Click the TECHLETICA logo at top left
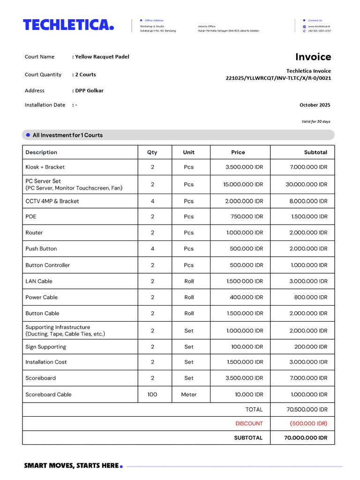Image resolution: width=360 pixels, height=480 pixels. coord(68,25)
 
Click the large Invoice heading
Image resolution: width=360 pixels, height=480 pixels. coord(313,57)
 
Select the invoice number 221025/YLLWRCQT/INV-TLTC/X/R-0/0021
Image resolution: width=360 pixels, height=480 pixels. coord(278,78)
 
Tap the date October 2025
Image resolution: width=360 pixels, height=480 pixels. coord(315,105)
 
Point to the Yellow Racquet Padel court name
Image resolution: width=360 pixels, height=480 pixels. coord(102,57)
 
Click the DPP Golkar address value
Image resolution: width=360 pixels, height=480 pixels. coord(89,90)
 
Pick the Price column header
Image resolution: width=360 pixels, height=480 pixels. coord(238,152)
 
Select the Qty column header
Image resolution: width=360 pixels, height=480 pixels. coord(152,152)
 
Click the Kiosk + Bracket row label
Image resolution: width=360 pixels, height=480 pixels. coord(45,167)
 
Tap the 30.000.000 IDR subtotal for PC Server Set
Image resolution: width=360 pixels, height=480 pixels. coord(307,185)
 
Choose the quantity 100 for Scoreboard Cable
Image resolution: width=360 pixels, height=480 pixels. coord(152,395)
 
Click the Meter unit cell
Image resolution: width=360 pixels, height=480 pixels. coord(189,395)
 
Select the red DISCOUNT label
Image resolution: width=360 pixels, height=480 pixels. coord(249,424)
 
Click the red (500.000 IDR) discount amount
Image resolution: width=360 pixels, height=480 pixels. coord(308,424)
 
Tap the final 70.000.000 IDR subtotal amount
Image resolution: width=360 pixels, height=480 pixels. coord(306,438)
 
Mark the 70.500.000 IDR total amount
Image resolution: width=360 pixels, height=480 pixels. coord(307,410)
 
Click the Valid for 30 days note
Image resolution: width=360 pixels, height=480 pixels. coord(315,121)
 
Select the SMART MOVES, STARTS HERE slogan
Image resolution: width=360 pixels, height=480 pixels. coord(72,465)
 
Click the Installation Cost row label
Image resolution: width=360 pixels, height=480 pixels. coord(46,362)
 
